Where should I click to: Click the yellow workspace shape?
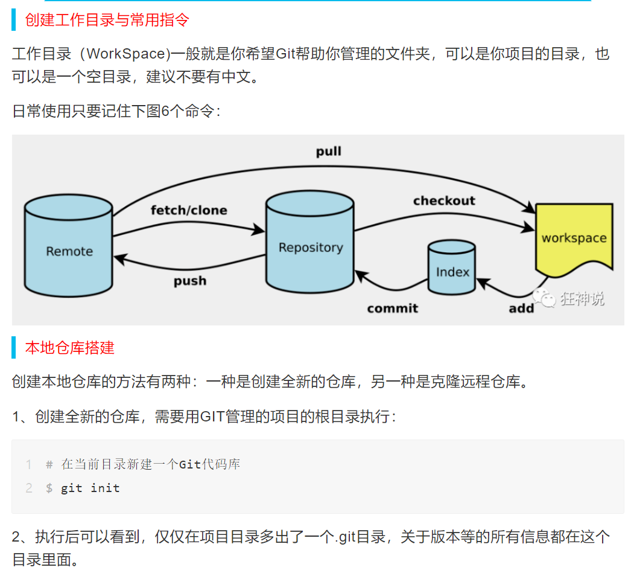coord(574,237)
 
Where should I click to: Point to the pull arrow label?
coord(329,151)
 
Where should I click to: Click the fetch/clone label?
coord(189,210)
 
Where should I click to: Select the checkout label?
coord(444,200)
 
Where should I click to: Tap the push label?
coord(190,281)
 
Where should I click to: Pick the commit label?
coord(392,308)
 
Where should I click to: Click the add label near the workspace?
coord(521,308)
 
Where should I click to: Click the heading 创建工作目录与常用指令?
coord(107,20)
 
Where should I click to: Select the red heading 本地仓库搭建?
coord(69,348)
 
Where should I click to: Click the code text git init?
coord(90,488)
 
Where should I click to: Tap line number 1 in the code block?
coord(28,464)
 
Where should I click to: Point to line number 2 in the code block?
coord(28,488)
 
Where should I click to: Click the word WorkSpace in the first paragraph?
coord(126,54)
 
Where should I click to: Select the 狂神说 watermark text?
coord(582,298)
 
